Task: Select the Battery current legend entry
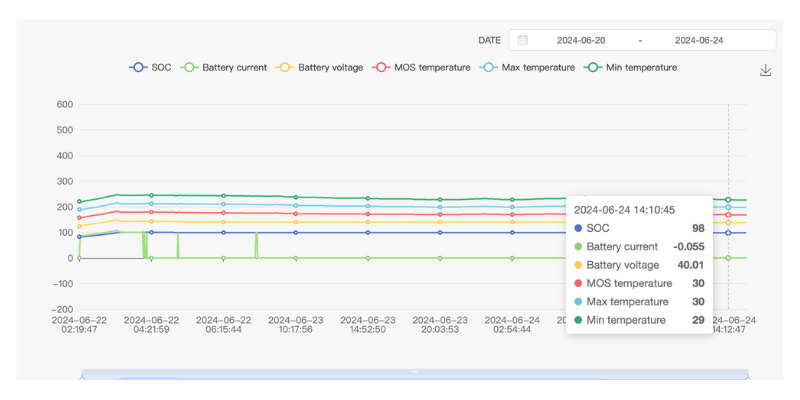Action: click(x=222, y=67)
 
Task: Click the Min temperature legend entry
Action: click(x=631, y=67)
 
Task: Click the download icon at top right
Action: click(x=765, y=70)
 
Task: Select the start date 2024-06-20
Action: click(x=581, y=40)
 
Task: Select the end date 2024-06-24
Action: click(x=699, y=40)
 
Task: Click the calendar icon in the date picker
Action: click(x=522, y=40)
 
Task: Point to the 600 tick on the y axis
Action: click(x=65, y=104)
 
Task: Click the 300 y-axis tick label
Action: click(x=65, y=181)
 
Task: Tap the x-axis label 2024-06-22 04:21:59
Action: click(x=151, y=324)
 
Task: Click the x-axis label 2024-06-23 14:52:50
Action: click(x=367, y=324)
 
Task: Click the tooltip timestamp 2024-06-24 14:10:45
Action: click(x=624, y=210)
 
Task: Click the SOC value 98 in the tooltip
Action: click(x=697, y=228)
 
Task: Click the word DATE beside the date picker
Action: click(x=489, y=40)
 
